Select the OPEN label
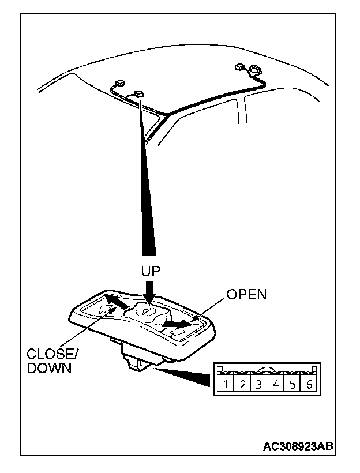[x=246, y=294]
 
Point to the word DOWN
[x=50, y=369]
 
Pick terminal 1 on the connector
[x=226, y=384]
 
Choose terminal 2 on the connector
[x=243, y=384]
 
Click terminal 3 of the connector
[x=260, y=384]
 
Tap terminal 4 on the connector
[x=276, y=384]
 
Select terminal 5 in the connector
[x=292, y=384]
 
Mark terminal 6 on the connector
[x=309, y=384]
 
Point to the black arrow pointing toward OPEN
[x=175, y=326]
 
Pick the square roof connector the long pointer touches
[x=139, y=93]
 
